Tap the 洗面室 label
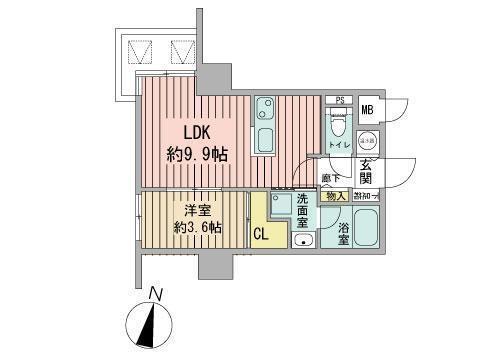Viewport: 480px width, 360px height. tap(303, 210)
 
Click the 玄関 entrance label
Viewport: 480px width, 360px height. tap(366, 172)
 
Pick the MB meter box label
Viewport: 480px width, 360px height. tap(367, 111)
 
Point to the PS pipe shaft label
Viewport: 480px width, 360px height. tap(339, 100)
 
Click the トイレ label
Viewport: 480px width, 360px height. tap(337, 146)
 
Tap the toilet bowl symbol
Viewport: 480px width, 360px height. tap(337, 126)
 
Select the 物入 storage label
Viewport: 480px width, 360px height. tap(335, 196)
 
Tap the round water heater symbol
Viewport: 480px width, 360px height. tap(367, 141)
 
